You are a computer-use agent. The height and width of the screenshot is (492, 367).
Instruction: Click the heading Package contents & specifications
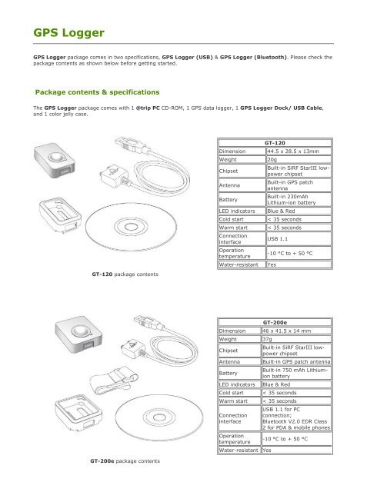pyautogui.click(x=97, y=92)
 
